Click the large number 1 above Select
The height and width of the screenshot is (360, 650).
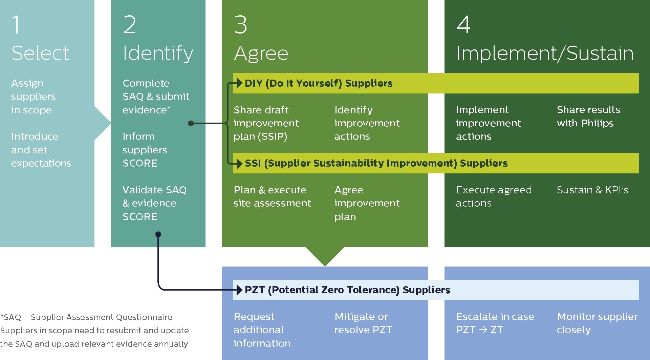tap(16, 25)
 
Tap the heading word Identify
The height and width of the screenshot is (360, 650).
tap(158, 53)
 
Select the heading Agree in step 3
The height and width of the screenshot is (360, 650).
tap(261, 54)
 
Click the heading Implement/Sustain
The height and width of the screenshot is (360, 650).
tap(544, 53)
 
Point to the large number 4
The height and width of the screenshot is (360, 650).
tap(463, 25)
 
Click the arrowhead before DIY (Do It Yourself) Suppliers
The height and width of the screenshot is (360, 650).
tap(239, 83)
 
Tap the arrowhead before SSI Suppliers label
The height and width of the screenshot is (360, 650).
tap(239, 163)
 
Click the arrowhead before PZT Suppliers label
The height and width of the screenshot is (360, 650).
tap(239, 290)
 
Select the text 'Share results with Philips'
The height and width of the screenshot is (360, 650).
tap(588, 116)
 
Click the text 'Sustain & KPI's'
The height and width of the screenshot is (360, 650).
tap(592, 190)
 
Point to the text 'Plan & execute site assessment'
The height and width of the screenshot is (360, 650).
tap(272, 196)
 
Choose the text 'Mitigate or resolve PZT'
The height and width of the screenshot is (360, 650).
tap(363, 323)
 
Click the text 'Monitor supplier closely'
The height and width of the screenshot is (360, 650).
tap(597, 323)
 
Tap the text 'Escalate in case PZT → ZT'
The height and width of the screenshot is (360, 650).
tap(495, 323)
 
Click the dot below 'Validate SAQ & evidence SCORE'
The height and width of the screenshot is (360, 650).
tap(158, 234)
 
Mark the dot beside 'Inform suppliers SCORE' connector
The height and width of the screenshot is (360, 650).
tap(191, 123)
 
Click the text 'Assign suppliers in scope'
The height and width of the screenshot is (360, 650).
tap(33, 97)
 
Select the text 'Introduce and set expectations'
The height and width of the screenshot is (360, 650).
tap(41, 150)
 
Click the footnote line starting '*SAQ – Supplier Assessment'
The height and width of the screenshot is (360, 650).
tap(87, 317)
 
